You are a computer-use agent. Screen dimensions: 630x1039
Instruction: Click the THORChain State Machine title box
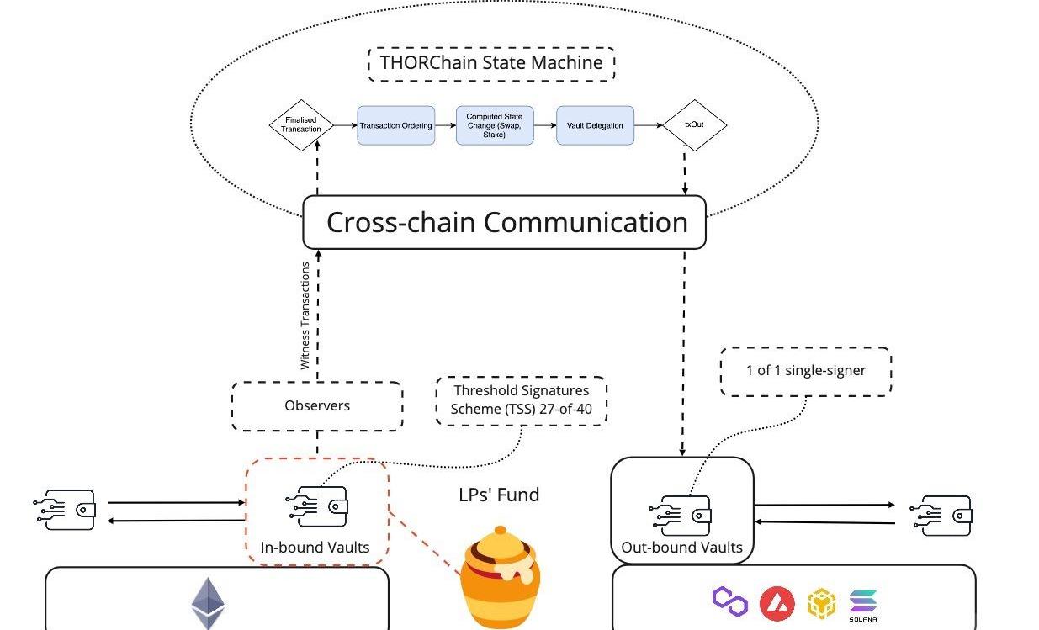491,63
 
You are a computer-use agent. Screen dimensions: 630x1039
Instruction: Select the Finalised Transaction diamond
301,125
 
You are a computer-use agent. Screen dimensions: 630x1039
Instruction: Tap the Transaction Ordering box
395,125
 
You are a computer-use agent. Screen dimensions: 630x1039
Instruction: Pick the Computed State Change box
495,125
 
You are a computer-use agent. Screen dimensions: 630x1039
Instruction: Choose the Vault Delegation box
595,125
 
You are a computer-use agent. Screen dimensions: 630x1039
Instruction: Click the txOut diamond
694,125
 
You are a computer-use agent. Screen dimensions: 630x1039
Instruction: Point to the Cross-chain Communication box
504,223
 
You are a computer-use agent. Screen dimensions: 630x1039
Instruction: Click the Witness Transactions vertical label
305,316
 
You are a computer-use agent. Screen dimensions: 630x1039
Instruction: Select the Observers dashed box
317,406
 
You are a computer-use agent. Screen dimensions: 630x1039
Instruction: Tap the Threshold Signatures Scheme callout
522,400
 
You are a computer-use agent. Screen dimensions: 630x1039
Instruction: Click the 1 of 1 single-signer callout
805,371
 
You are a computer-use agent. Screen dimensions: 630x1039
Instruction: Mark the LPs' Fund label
499,495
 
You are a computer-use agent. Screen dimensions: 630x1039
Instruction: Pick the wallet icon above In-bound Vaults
316,507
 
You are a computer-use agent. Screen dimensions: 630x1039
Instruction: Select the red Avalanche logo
777,603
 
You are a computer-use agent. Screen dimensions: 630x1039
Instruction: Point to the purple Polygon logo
729,601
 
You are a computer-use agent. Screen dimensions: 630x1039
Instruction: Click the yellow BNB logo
822,603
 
